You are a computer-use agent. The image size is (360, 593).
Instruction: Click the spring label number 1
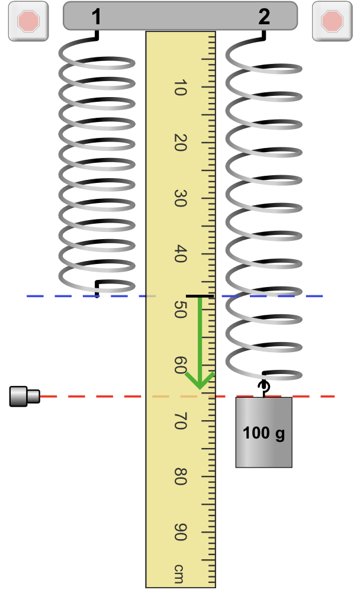coord(97,17)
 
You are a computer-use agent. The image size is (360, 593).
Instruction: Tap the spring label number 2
coord(264,17)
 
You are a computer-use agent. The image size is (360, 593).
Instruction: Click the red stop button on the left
coord(28,21)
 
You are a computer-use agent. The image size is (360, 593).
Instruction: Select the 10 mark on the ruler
coord(180,88)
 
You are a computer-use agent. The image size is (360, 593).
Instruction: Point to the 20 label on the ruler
coord(180,143)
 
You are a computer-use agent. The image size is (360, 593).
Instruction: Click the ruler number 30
coord(180,198)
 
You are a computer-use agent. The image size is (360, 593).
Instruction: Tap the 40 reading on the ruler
coord(180,254)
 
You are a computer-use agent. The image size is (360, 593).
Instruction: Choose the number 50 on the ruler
coord(180,310)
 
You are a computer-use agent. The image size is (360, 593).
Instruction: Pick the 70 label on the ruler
coord(180,421)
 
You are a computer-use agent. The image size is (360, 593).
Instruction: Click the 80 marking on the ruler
coord(180,476)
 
